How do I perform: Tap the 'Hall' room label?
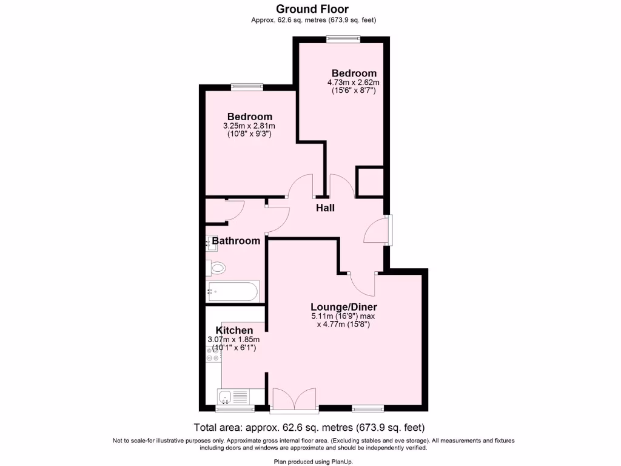pyautogui.click(x=325, y=208)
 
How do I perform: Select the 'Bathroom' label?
pyautogui.click(x=236, y=241)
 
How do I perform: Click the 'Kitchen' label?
pyautogui.click(x=230, y=330)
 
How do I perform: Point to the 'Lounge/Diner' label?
pyautogui.click(x=343, y=306)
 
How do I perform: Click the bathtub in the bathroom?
pyautogui.click(x=233, y=291)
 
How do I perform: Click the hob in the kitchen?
pyautogui.click(x=213, y=354)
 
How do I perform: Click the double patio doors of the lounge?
pyautogui.click(x=294, y=399)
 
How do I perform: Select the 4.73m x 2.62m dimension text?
pyautogui.click(x=354, y=83)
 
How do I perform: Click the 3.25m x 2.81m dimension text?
pyautogui.click(x=249, y=126)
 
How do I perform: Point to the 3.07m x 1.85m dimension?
pyautogui.click(x=233, y=339)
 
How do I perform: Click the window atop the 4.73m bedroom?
pyautogui.click(x=343, y=38)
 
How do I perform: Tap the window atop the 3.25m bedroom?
pyautogui.click(x=247, y=87)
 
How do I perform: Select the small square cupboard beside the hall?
pyautogui.click(x=370, y=182)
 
